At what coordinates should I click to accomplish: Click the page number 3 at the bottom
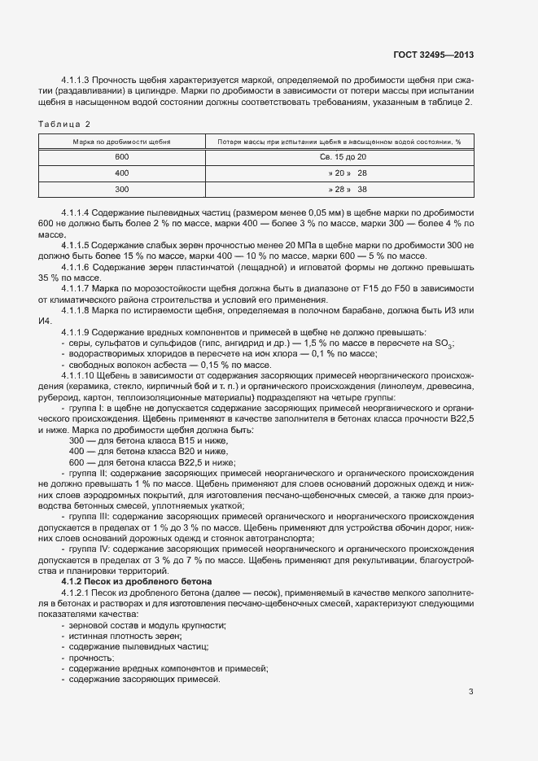point(470,693)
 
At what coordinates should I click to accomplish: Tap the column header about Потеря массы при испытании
point(339,142)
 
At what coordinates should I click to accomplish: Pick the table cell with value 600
point(122,156)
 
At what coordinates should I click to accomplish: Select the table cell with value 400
point(122,173)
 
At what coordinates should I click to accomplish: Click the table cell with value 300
point(122,189)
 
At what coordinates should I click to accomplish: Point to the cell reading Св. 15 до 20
point(339,156)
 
